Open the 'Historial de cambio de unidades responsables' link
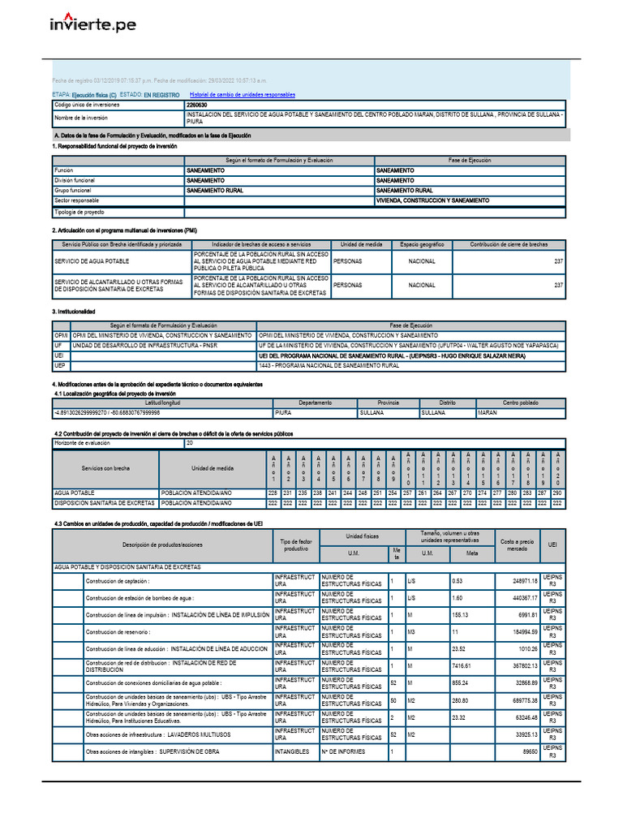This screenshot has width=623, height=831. tap(243, 95)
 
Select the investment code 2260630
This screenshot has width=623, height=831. tap(196, 105)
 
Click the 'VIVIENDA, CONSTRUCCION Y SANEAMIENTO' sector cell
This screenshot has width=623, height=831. tap(433, 200)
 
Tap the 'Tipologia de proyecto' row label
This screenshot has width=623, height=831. tap(79, 213)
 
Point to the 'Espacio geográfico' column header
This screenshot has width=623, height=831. tap(422, 244)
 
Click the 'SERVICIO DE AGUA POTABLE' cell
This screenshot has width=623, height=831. tap(92, 261)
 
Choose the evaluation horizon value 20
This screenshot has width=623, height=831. tap(190, 444)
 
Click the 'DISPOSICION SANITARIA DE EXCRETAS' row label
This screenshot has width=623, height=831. tap(105, 503)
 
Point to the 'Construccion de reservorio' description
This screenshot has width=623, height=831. tap(118, 631)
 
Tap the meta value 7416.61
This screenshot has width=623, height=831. tap(466, 665)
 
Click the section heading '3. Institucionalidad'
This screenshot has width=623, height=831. tap(74, 312)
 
